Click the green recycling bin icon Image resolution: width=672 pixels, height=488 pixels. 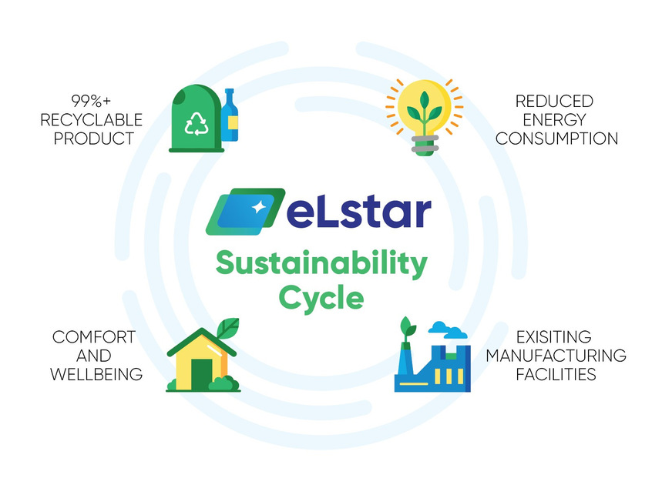(x=193, y=119)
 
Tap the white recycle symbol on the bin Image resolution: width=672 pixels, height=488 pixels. (x=197, y=123)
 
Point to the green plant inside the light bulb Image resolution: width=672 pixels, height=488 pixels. (x=424, y=112)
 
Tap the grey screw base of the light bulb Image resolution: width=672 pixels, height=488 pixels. (x=424, y=145)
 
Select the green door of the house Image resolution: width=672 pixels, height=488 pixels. (x=200, y=375)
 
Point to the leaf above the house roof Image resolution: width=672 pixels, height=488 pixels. (x=227, y=328)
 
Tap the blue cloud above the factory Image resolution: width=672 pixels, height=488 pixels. (x=448, y=331)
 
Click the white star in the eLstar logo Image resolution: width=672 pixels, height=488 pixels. (x=257, y=206)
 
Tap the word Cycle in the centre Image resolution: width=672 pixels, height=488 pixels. (x=321, y=297)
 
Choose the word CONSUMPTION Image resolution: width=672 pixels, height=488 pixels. (x=556, y=139)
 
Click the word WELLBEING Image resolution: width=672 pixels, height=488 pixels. (x=96, y=375)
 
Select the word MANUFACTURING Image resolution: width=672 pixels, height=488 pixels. (x=556, y=356)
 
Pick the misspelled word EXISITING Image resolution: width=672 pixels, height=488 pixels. (x=554, y=337)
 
